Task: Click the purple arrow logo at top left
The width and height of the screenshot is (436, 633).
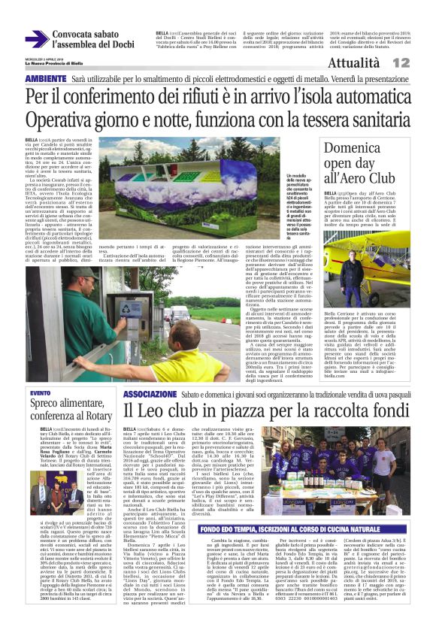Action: coord(35,40)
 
